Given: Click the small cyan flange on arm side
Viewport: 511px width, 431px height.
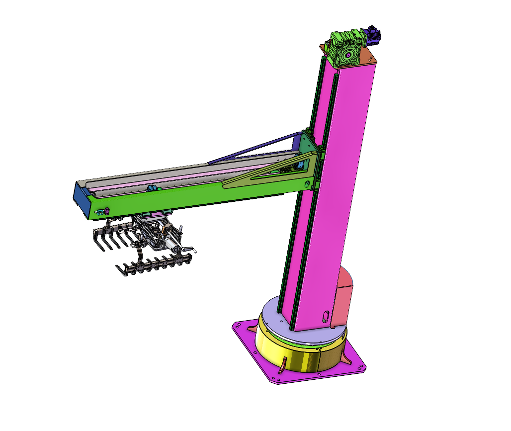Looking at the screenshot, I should [x=99, y=212].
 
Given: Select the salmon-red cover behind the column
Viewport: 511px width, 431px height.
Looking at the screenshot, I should [x=343, y=298].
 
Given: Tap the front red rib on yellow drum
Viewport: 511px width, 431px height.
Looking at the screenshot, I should [x=283, y=365].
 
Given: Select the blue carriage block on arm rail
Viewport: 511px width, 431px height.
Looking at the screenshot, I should [x=151, y=188].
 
